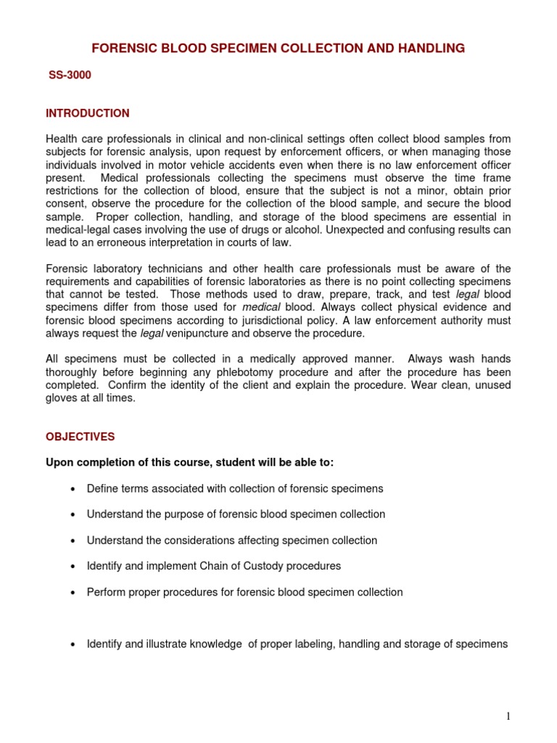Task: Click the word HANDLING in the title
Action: click(429, 49)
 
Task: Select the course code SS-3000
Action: click(70, 75)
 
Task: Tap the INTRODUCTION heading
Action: click(88, 113)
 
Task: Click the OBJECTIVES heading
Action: click(81, 437)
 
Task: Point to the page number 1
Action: click(508, 717)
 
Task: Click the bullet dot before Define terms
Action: click(73, 489)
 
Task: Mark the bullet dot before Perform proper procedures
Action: click(73, 593)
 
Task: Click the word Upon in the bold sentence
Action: click(59, 463)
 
